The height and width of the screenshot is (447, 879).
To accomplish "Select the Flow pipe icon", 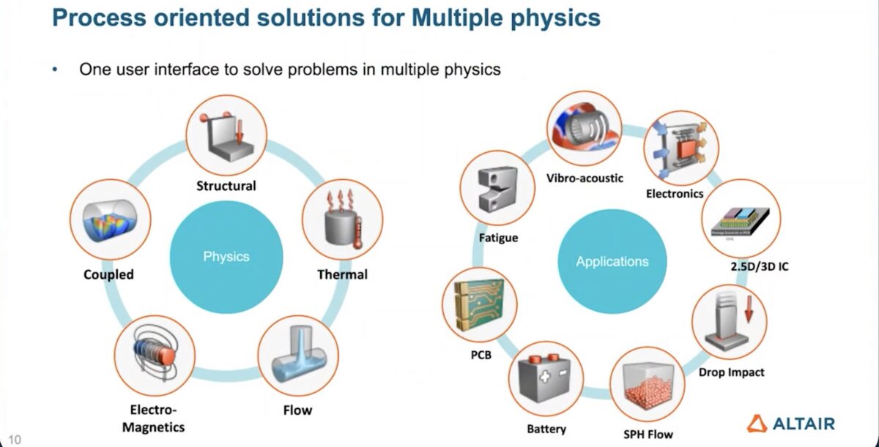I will (x=297, y=355).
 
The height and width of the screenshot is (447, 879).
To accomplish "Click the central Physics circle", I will (x=226, y=257).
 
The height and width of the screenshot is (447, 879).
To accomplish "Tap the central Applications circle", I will (x=612, y=261).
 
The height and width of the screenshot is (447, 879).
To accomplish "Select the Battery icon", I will (x=546, y=378).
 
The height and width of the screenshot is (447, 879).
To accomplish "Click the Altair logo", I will (x=790, y=422).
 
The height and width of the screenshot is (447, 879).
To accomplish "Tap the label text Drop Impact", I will (x=731, y=372).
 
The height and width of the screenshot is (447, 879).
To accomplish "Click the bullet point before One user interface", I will (x=54, y=70).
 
